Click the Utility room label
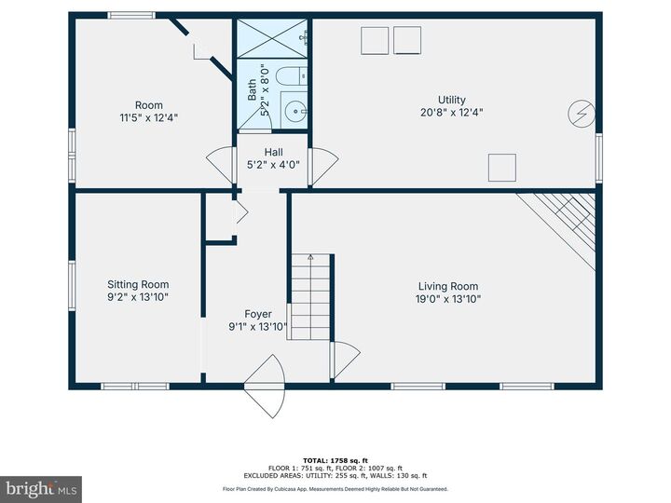point(452,100)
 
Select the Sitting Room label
point(138,284)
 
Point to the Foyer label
point(258,314)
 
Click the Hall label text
point(273,152)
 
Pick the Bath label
point(252,89)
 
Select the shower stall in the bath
point(272,38)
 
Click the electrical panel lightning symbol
point(580,115)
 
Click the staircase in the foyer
point(309,296)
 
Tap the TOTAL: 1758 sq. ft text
point(335,460)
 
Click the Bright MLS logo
point(41,489)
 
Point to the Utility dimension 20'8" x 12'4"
point(452,113)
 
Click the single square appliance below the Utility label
point(501,167)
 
